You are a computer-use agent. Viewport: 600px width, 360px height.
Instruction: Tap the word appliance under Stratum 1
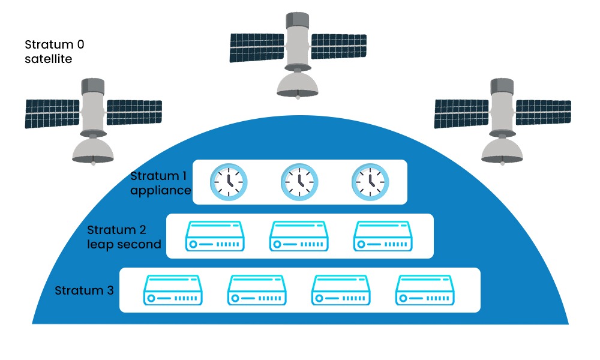(x=160, y=191)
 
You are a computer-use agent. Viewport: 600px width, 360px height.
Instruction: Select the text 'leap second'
(x=124, y=244)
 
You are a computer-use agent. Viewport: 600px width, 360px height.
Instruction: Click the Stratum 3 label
(x=84, y=291)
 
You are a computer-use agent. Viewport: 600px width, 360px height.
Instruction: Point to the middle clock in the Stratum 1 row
(x=299, y=181)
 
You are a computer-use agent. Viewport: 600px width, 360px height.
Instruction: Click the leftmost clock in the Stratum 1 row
(x=228, y=181)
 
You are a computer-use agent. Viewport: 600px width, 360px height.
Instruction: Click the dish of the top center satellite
(x=298, y=85)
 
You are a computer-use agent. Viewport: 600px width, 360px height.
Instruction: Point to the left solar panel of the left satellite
(x=52, y=113)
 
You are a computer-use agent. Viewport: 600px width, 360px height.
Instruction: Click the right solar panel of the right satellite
(x=544, y=112)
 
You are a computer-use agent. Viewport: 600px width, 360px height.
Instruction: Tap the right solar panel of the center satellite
(x=338, y=46)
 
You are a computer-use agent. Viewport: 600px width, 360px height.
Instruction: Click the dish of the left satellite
(x=93, y=152)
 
